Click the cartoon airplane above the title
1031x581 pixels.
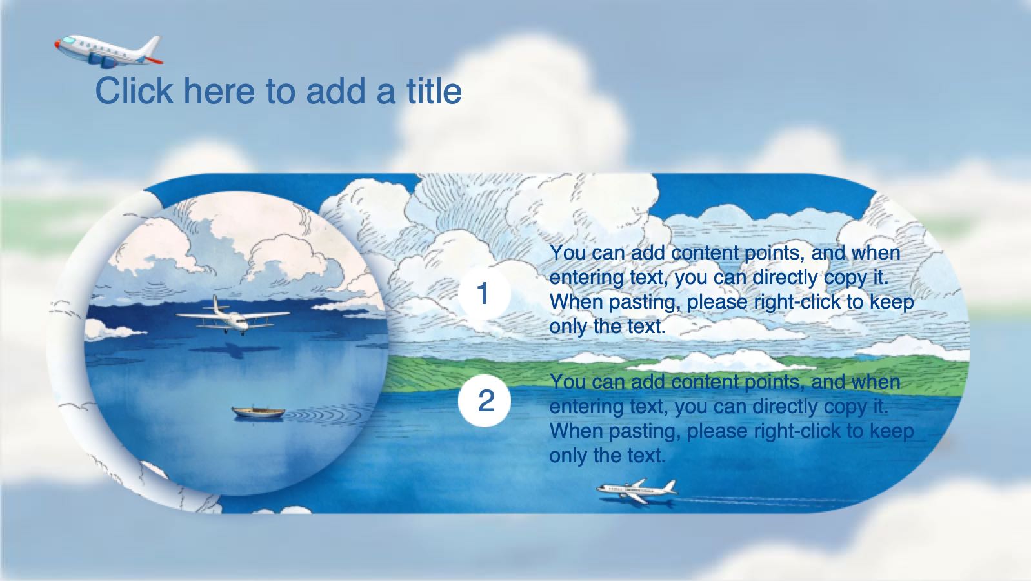coord(108,50)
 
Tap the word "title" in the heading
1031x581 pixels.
coord(434,90)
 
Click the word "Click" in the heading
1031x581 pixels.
coord(134,90)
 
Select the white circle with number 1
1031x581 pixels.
coord(484,294)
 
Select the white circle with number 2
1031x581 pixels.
coord(484,400)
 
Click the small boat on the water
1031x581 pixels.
coord(258,412)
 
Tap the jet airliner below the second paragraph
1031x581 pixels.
coord(637,491)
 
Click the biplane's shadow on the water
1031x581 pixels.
coord(232,351)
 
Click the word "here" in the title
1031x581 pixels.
coord(219,90)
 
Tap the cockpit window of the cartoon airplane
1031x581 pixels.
coord(68,41)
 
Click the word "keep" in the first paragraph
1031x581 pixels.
coord(894,302)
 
